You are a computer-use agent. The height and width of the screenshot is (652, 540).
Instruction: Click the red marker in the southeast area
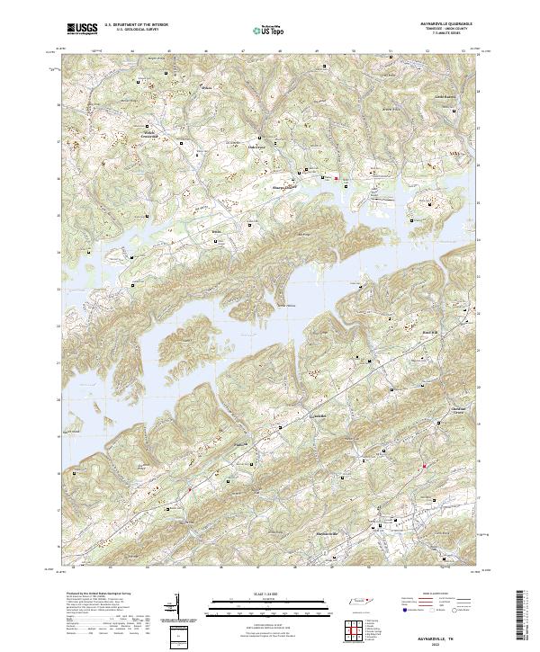click(x=423, y=466)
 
